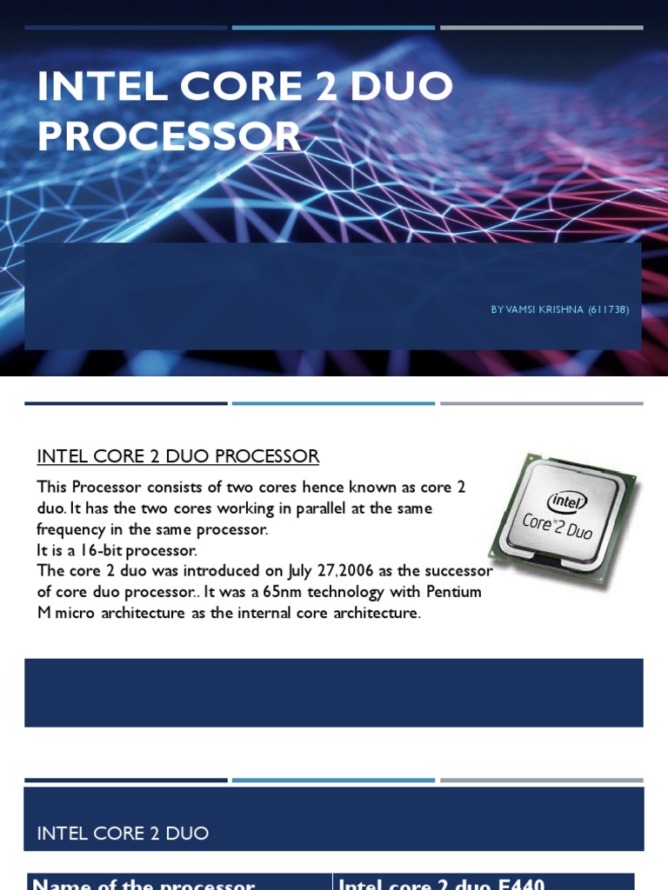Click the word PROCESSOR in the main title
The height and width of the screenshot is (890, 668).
tap(169, 136)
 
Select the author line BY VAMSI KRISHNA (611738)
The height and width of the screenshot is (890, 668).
tap(559, 309)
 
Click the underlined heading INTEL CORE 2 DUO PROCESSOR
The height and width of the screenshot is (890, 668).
tap(177, 456)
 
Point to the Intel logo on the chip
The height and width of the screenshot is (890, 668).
tap(567, 501)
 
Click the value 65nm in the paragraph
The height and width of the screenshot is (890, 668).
tap(284, 592)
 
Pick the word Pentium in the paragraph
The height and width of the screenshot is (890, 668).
tap(453, 592)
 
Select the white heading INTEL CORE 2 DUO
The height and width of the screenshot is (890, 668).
tap(123, 834)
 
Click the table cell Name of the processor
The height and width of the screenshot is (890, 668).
tap(144, 883)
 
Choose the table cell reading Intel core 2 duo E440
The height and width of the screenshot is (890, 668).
tap(441, 883)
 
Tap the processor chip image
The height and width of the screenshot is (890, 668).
tap(563, 519)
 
